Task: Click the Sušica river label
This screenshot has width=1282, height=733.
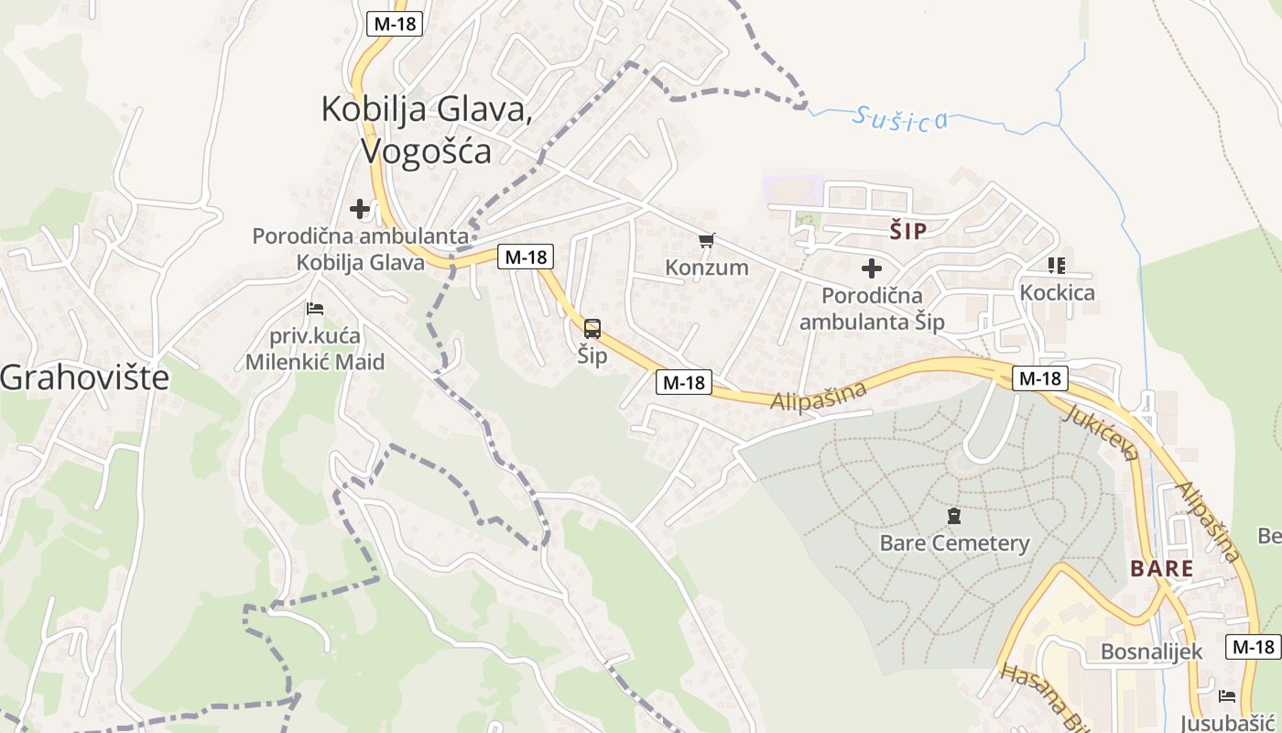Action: coord(899,118)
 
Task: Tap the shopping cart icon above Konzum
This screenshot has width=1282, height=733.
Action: coord(706,241)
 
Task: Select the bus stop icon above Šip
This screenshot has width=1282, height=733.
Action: coord(592,329)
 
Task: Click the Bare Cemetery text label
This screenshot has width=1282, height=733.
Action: coord(954,543)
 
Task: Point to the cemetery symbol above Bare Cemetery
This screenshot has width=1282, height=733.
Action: coord(954,517)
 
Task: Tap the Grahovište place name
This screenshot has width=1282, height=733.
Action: coord(85,377)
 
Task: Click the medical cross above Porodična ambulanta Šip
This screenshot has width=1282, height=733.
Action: coord(872,268)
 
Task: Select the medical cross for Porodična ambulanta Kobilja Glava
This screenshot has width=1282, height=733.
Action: coord(360,209)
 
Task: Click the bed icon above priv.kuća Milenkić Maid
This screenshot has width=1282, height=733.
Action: coord(315,308)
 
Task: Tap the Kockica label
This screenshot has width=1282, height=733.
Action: coord(1057,293)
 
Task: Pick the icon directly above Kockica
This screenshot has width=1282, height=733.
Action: coord(1057,266)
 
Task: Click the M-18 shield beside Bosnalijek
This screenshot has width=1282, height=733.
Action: coord(1254,647)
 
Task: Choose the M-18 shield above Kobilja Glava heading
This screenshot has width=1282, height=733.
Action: coord(396,24)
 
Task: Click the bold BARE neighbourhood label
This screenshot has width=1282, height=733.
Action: coord(1161,569)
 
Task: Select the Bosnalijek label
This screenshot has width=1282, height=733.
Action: coord(1151,652)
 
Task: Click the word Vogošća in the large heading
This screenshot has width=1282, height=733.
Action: coord(427,150)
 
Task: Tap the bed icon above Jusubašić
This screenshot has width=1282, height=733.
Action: coord(1227,696)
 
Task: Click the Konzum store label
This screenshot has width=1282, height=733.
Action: coord(706,268)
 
